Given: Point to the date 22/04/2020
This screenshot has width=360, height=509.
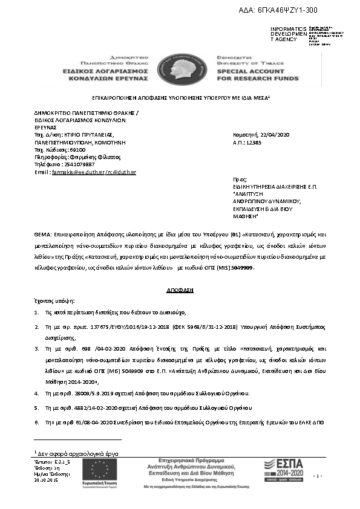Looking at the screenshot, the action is pyautogui.click(x=273, y=134).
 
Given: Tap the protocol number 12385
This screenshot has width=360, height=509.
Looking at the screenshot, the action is pyautogui.click(x=252, y=141).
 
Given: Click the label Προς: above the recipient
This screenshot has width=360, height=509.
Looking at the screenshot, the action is pyautogui.click(x=240, y=180).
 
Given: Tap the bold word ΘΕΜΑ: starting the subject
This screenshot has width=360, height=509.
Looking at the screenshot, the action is pyautogui.click(x=43, y=233).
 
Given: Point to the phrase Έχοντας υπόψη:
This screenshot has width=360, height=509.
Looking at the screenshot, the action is pyautogui.click(x=54, y=300).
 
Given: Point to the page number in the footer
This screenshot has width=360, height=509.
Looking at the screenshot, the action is pyautogui.click(x=333, y=477).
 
